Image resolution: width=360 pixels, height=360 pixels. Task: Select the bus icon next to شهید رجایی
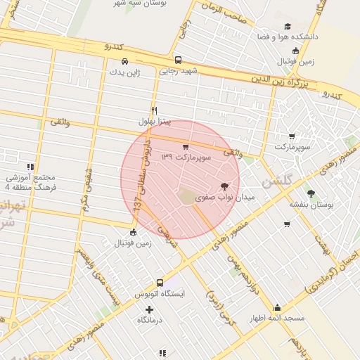[x=179, y=60]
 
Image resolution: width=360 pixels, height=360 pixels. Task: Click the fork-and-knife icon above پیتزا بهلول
[x=154, y=110]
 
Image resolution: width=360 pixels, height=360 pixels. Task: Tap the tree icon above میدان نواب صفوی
[x=224, y=186]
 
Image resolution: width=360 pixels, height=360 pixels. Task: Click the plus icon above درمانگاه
[x=149, y=309]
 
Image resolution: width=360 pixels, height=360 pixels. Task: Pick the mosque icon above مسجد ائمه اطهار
[x=277, y=308]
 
